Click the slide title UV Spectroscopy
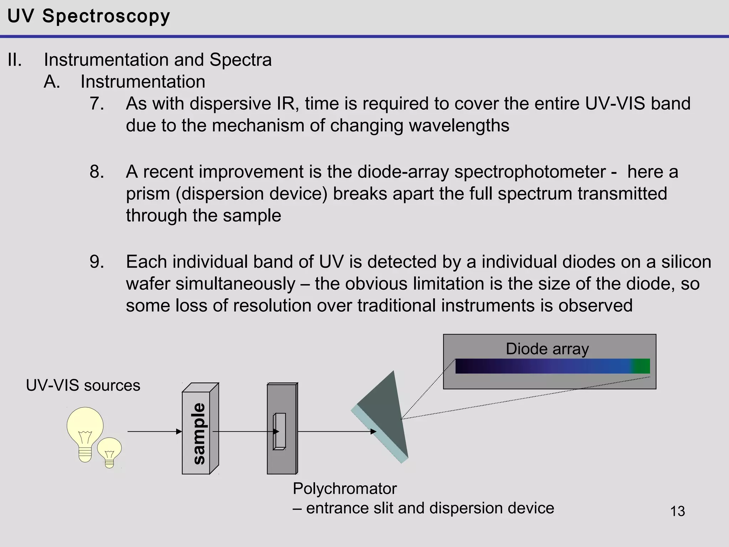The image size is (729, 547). (x=89, y=16)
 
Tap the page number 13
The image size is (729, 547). (x=677, y=511)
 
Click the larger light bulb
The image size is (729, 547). (x=85, y=429)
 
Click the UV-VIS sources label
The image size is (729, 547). (x=83, y=385)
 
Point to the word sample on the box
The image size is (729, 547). (x=199, y=433)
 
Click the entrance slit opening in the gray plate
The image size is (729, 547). (x=279, y=431)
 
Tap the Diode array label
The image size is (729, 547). (x=547, y=349)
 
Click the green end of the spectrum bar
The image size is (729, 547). (x=642, y=366)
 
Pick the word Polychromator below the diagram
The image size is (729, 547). (x=344, y=489)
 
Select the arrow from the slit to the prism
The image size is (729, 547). (x=336, y=432)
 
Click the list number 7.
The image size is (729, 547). (x=96, y=104)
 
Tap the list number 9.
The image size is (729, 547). (x=96, y=262)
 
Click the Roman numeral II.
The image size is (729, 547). (x=15, y=60)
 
